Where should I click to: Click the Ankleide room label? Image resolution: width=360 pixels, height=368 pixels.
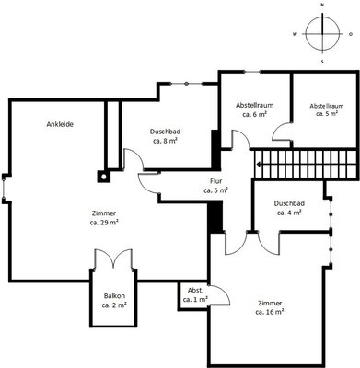coord(60,124)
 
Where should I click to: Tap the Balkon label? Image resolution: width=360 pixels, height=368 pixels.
coord(114,296)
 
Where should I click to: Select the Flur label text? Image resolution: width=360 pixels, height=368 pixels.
coord(215,181)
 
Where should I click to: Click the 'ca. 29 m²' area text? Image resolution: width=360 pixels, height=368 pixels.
coord(104,223)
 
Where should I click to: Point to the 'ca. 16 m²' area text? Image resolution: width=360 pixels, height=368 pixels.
coord(269,312)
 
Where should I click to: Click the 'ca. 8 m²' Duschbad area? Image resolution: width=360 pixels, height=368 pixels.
coord(165,141)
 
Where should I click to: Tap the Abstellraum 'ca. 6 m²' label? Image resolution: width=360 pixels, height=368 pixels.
coord(254,114)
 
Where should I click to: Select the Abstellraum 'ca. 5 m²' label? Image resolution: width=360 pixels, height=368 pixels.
coord(327,114)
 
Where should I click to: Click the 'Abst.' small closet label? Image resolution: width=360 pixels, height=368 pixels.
coord(195,291)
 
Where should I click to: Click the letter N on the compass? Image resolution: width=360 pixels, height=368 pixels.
coord(322,5)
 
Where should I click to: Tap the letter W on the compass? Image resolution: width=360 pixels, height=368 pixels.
coord(295,34)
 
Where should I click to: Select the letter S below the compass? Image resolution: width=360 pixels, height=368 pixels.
coord(322,62)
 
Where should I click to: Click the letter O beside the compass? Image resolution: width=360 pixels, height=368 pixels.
coord(351,34)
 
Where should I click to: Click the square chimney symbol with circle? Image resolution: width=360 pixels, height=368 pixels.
coord(104,177)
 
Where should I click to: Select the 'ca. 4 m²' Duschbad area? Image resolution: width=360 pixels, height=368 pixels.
coord(289,213)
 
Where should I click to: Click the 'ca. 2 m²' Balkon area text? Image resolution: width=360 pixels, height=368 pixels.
coord(114,305)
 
